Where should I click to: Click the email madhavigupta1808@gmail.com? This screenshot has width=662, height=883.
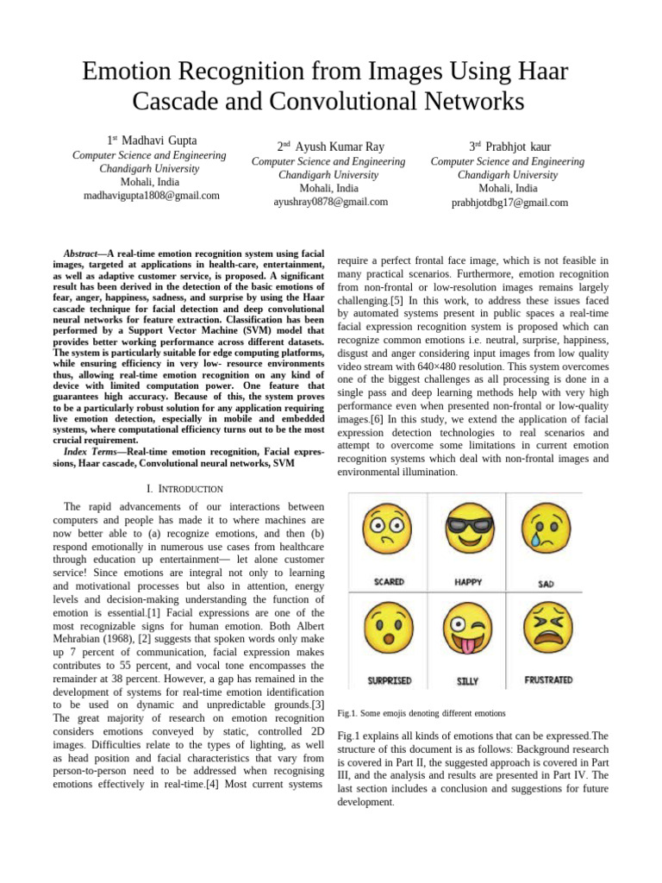(x=151, y=196)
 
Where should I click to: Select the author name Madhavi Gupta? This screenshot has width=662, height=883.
(x=159, y=140)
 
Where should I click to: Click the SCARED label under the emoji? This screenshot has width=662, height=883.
(x=389, y=582)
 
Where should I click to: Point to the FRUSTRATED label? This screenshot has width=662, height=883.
(x=548, y=680)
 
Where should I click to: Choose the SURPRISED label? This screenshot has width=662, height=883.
(x=389, y=681)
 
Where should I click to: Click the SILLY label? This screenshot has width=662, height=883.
(x=466, y=681)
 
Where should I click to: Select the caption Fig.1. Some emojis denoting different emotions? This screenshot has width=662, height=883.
(x=422, y=713)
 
